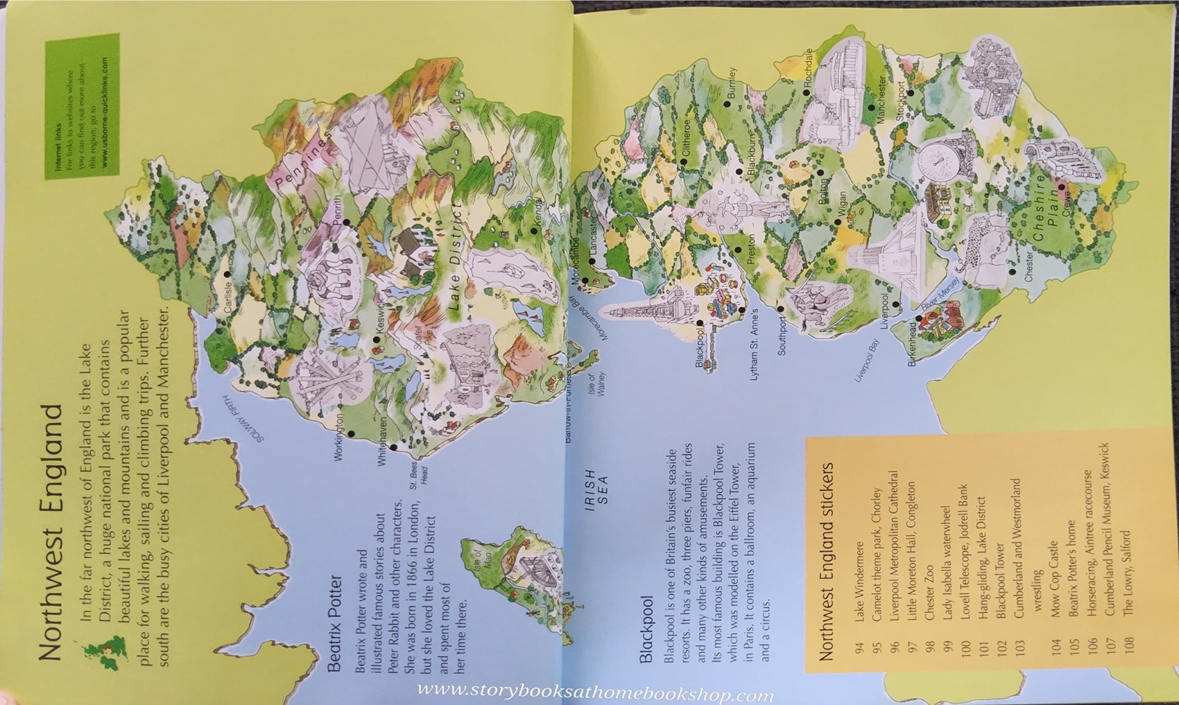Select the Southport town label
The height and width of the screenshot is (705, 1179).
point(782,336)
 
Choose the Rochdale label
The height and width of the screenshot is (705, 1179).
point(809,67)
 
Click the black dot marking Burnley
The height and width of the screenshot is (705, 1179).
point(728,105)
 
